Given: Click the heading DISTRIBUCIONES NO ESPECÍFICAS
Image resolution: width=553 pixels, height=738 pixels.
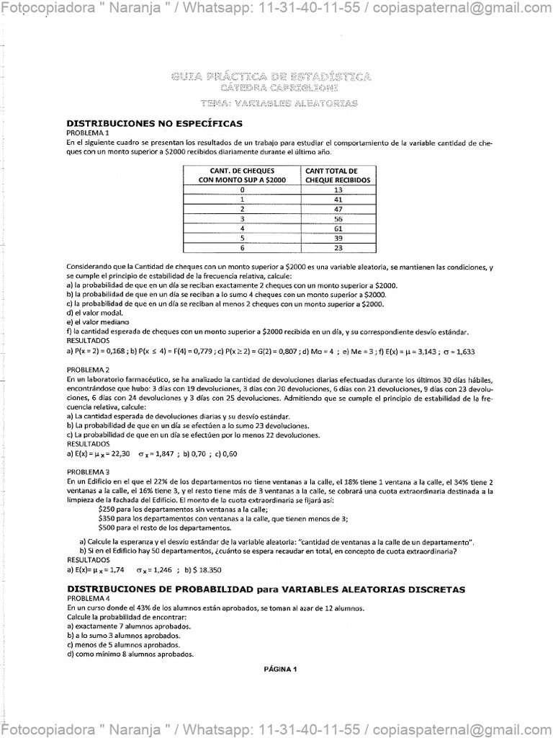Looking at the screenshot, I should (154, 124).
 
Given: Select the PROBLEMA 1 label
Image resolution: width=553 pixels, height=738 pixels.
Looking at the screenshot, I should (88, 133).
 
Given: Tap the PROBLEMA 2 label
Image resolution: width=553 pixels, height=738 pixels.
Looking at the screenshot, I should (88, 370).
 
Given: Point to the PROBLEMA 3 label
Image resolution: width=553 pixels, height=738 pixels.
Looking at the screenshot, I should (88, 471).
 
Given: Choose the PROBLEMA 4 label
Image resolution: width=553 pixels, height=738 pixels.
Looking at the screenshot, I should (88, 599).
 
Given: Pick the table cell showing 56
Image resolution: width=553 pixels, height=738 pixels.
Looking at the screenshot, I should (338, 218).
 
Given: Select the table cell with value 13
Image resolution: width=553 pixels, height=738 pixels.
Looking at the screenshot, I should (338, 190).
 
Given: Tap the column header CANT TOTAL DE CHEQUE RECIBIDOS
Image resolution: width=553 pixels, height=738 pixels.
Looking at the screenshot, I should (338, 175).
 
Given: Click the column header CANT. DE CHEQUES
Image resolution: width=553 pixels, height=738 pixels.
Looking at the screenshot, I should (243, 171).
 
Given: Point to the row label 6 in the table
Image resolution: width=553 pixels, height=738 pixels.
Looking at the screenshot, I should (243, 247).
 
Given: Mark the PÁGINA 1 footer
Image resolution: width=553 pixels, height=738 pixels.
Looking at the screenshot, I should (281, 669).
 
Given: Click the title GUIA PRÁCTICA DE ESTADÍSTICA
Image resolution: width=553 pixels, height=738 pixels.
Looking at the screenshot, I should (271, 76).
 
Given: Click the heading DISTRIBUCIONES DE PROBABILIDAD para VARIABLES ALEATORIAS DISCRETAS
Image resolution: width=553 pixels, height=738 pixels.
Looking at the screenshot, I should (266, 590).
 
